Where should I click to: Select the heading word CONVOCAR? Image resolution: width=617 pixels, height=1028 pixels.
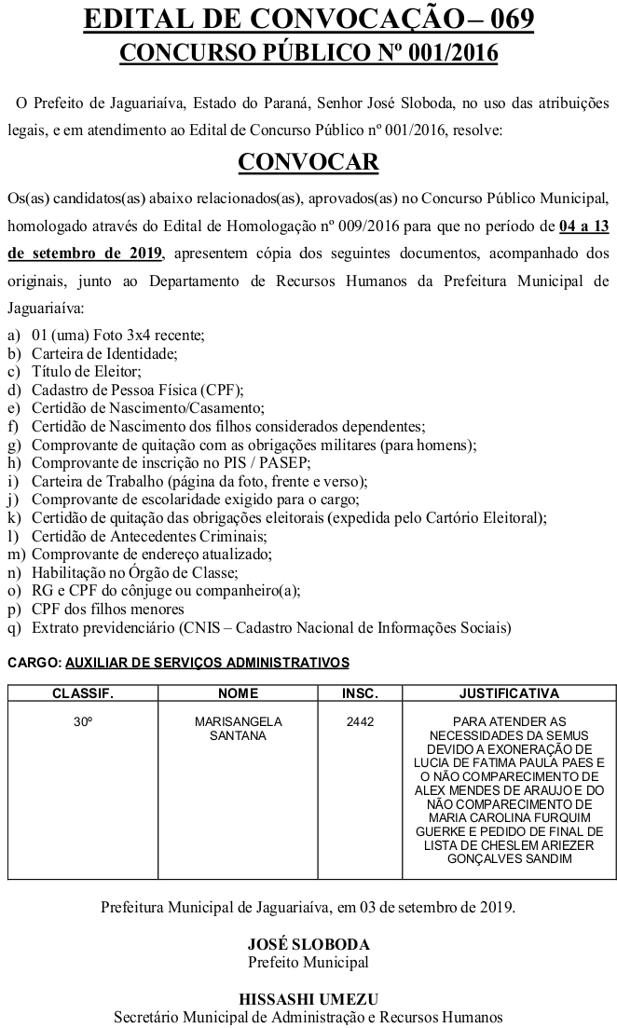point(308,161)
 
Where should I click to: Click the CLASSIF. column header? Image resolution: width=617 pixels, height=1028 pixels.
point(82,693)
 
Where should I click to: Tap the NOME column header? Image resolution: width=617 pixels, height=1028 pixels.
point(238,693)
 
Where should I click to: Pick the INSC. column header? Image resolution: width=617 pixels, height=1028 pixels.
point(360,693)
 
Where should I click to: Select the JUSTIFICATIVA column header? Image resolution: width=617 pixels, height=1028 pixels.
point(509,693)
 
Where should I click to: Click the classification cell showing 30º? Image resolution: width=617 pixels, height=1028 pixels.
point(82,721)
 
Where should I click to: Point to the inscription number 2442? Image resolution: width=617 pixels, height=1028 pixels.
point(360,721)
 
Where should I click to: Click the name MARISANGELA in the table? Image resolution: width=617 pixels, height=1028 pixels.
point(238,721)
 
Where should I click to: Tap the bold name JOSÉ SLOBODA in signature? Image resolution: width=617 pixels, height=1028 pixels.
point(308,944)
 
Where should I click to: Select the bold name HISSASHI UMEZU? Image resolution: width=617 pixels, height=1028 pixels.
point(308,998)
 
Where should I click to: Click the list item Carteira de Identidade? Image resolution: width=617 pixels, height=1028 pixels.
point(104,353)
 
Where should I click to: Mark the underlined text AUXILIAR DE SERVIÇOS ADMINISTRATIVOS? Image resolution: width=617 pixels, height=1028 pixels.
point(207,663)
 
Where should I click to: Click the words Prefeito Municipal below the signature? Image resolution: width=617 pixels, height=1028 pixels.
point(308,962)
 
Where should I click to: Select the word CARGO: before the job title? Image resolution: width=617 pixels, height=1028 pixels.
point(34,663)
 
